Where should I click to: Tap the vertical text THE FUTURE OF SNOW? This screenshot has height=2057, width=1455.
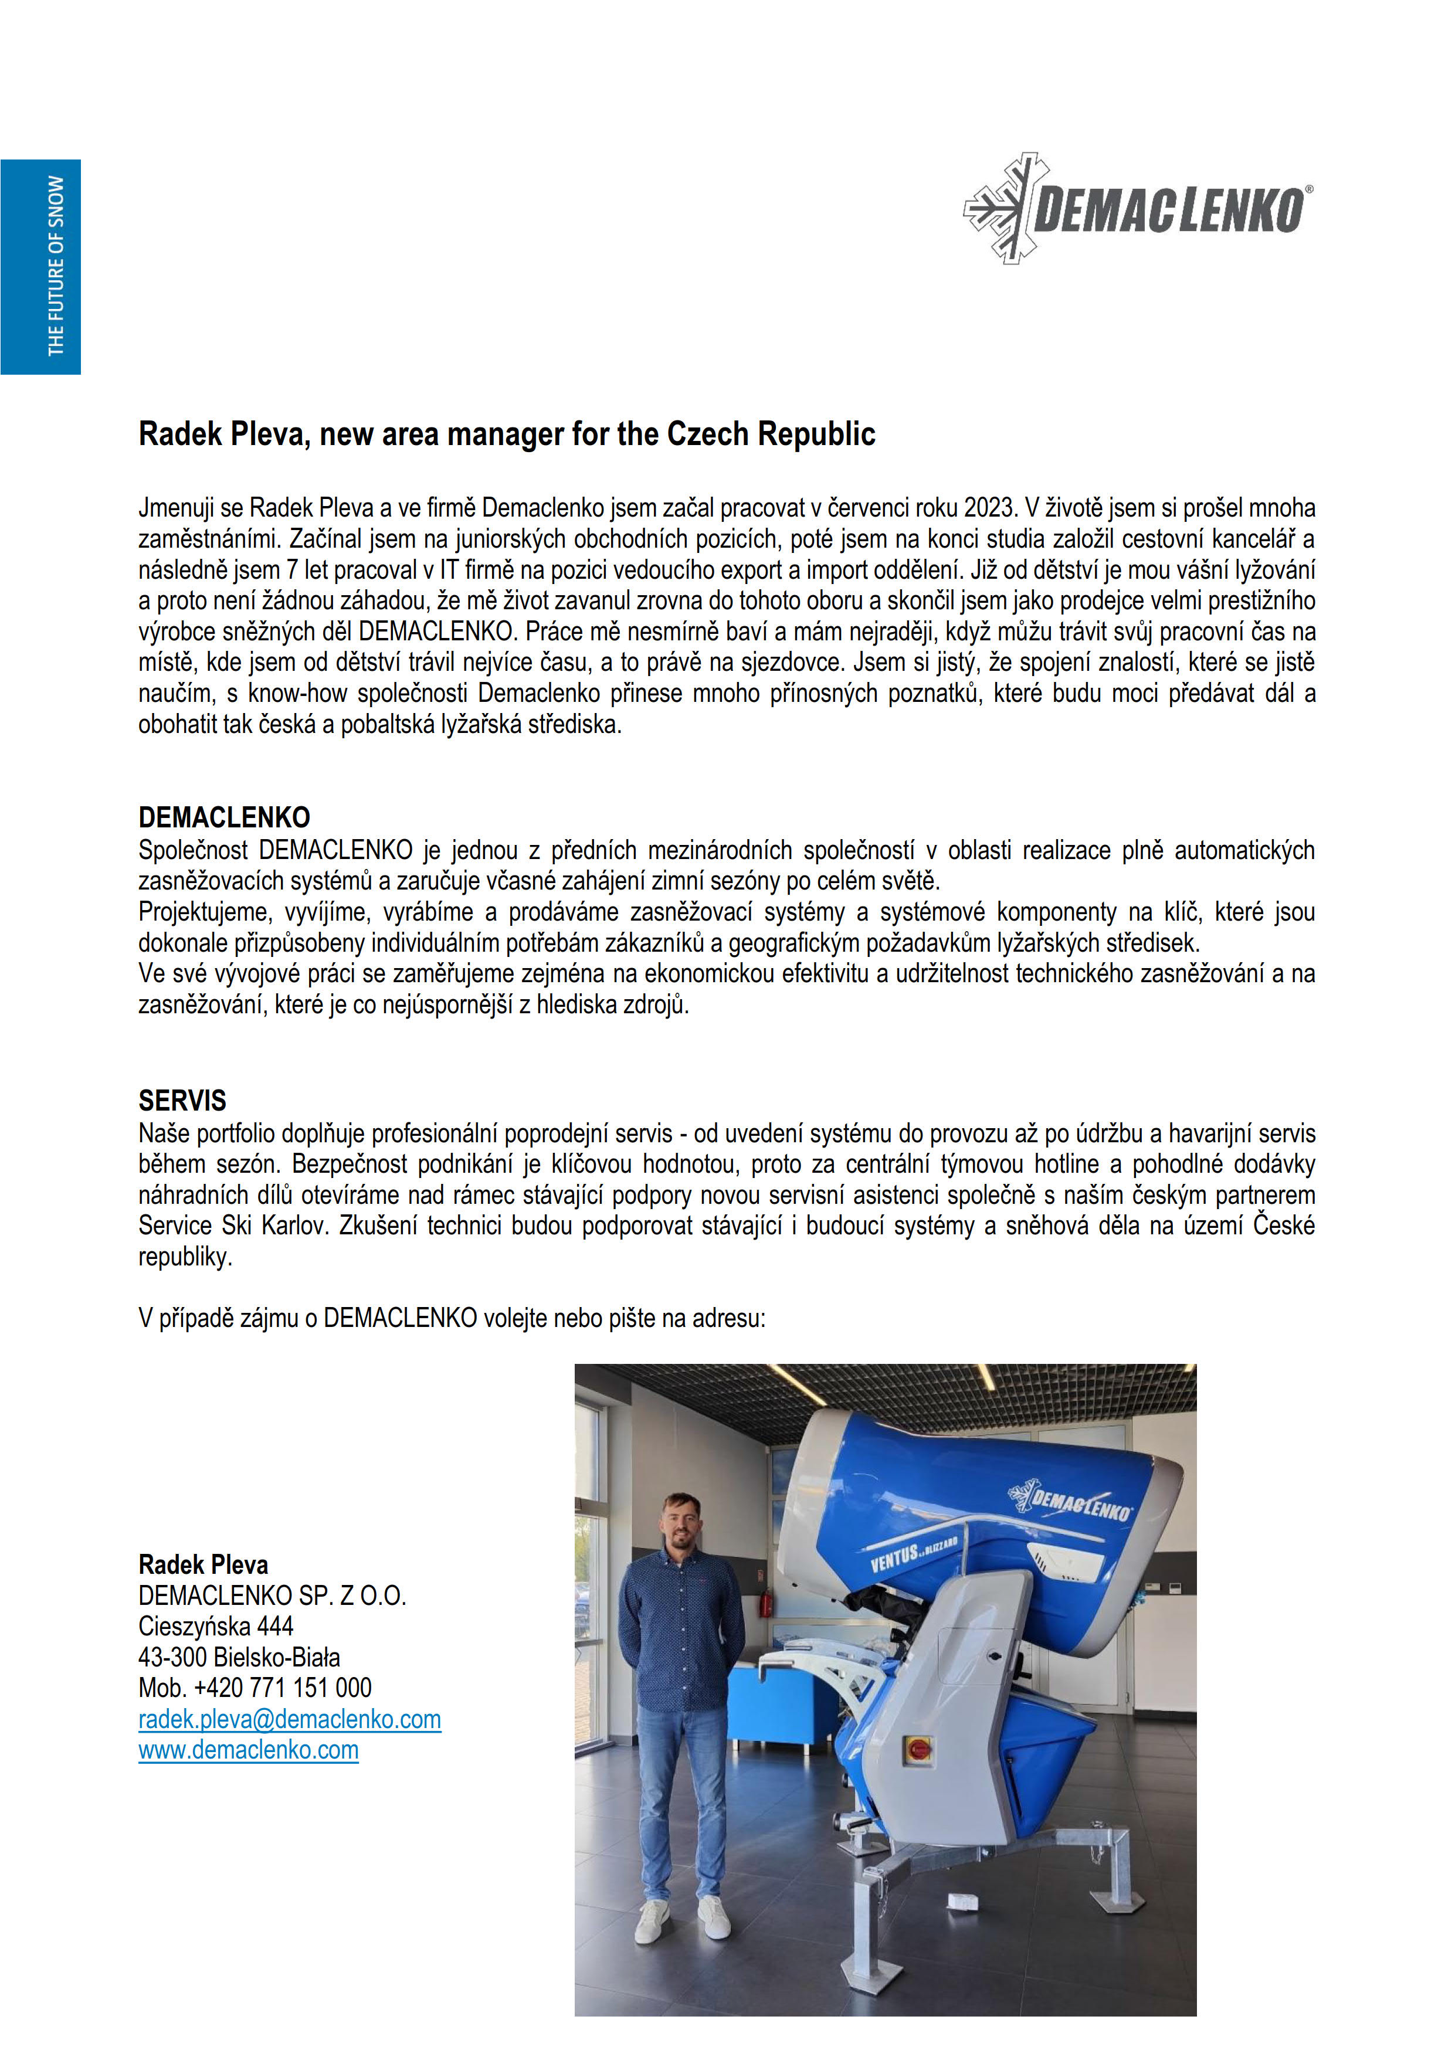(56, 266)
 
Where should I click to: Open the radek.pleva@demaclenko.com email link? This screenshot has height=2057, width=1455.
(289, 1719)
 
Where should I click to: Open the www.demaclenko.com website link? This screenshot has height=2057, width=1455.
(248, 1750)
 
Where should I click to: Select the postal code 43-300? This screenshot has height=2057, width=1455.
(173, 1658)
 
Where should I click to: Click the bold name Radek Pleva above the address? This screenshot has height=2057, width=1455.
(204, 1564)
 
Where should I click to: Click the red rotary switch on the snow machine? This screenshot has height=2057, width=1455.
(919, 1747)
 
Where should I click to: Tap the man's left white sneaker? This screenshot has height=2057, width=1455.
(715, 1918)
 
